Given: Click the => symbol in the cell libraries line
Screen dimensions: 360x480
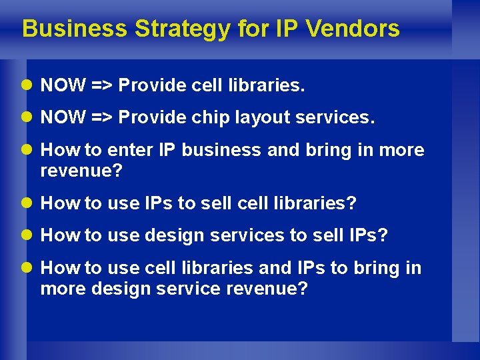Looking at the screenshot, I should coord(103,85).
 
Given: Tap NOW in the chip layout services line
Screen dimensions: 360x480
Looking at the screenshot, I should coord(63,118).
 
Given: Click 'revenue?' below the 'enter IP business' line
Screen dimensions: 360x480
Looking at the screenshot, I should coord(81,171).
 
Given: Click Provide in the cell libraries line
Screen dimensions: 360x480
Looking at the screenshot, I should coord(150,85).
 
